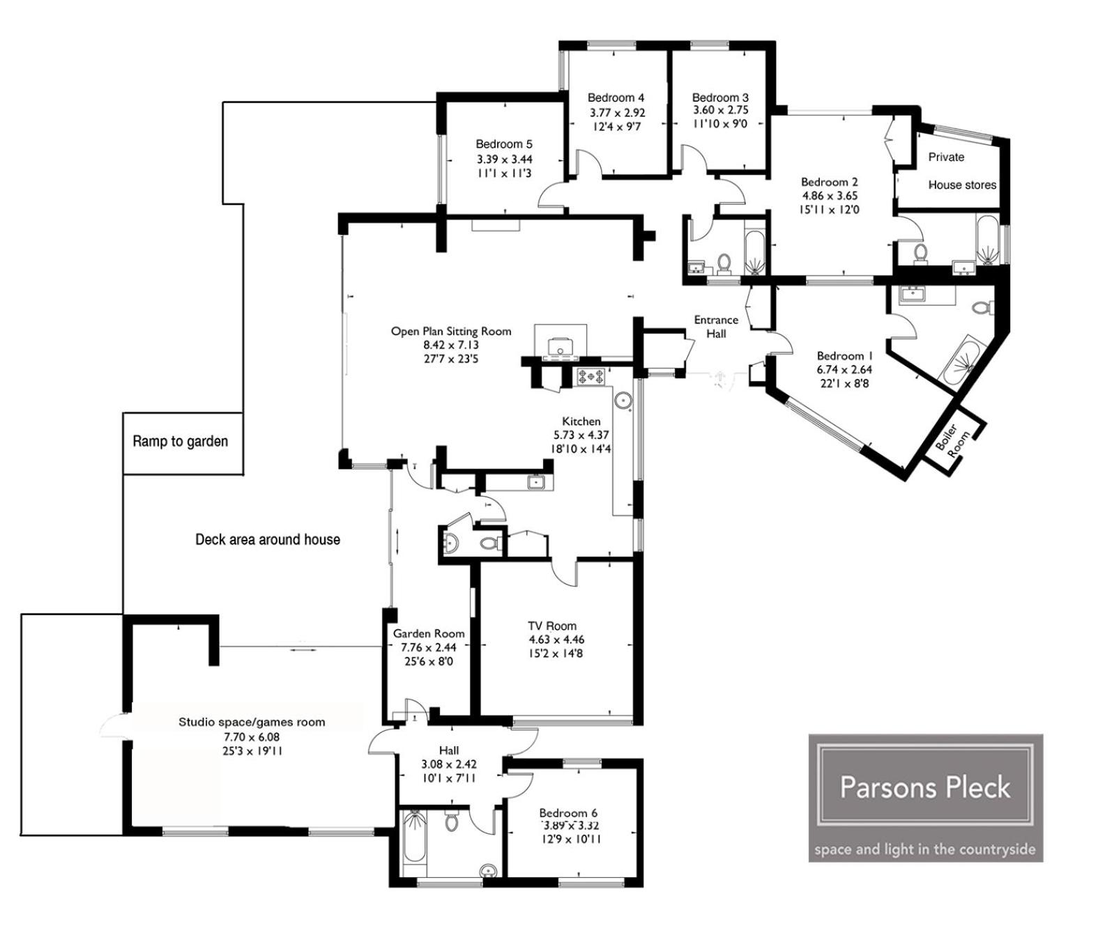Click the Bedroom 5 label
(503, 144)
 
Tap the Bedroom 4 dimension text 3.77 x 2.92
(617, 113)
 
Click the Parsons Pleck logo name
(925, 787)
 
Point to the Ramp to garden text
(180, 441)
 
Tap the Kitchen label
(581, 421)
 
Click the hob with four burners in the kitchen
(591, 376)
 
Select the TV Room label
(552, 626)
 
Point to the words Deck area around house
(268, 539)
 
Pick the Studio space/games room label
(251, 722)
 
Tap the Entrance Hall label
(716, 327)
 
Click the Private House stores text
(962, 171)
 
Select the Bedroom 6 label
(568, 813)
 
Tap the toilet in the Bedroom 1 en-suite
(984, 307)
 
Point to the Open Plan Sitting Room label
(451, 332)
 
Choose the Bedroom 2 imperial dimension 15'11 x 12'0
(829, 209)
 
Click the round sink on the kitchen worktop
(623, 399)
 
